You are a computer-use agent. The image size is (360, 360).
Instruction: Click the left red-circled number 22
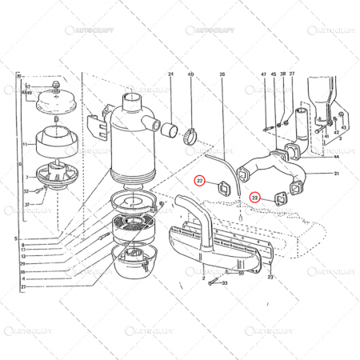click(201, 182)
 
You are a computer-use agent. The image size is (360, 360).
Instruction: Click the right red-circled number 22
click(255, 196)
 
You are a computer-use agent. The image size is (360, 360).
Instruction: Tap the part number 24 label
click(170, 74)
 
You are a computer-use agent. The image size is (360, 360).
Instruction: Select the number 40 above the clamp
click(190, 74)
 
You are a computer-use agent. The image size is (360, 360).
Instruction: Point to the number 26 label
click(222, 74)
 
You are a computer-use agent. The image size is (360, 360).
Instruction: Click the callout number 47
click(262, 74)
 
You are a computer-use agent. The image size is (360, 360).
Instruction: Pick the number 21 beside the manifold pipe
click(337, 174)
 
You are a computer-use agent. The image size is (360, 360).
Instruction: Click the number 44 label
click(337, 158)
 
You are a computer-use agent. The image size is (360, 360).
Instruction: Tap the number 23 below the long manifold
click(270, 278)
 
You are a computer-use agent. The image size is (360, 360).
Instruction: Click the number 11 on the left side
click(26, 145)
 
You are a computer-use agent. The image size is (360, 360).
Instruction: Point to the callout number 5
click(15, 238)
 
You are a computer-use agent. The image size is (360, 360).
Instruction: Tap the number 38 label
click(282, 74)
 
